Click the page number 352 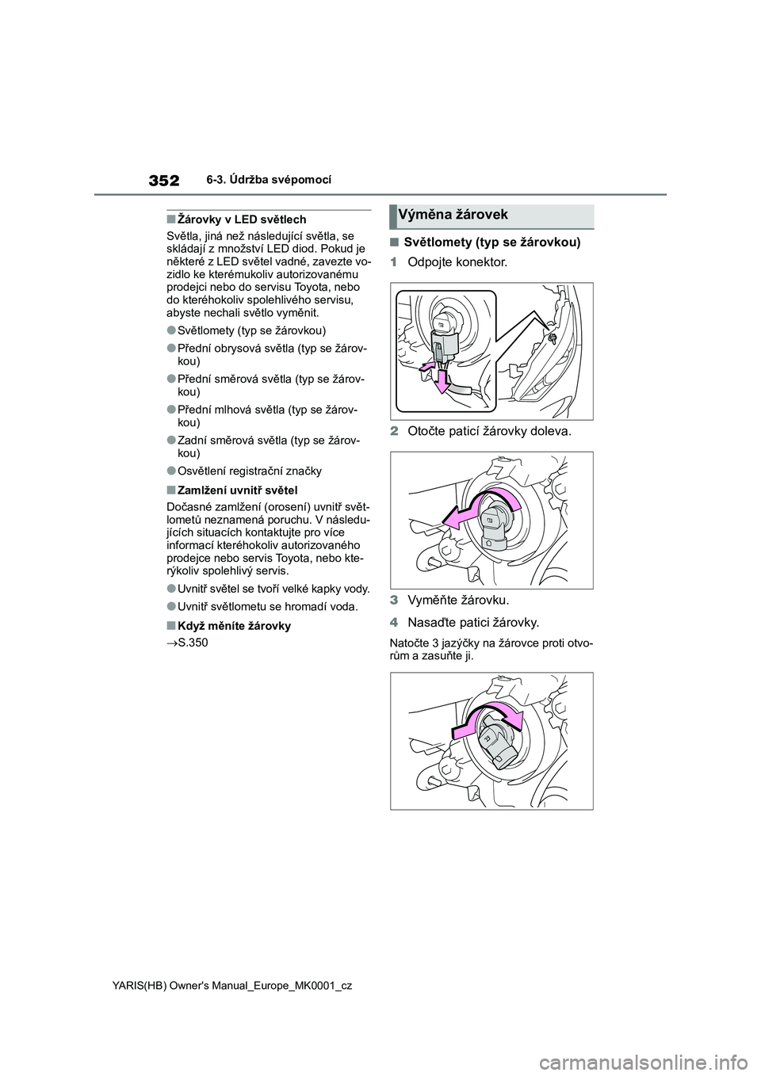coord(162,181)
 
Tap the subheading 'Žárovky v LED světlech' coord(235,219)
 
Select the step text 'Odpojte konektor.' coord(457,261)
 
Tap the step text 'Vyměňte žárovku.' coord(458,600)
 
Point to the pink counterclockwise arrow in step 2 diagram coord(476,512)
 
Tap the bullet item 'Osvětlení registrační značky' coord(249,471)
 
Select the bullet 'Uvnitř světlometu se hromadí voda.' coord(267,606)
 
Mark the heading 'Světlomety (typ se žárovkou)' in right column coord(492,242)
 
